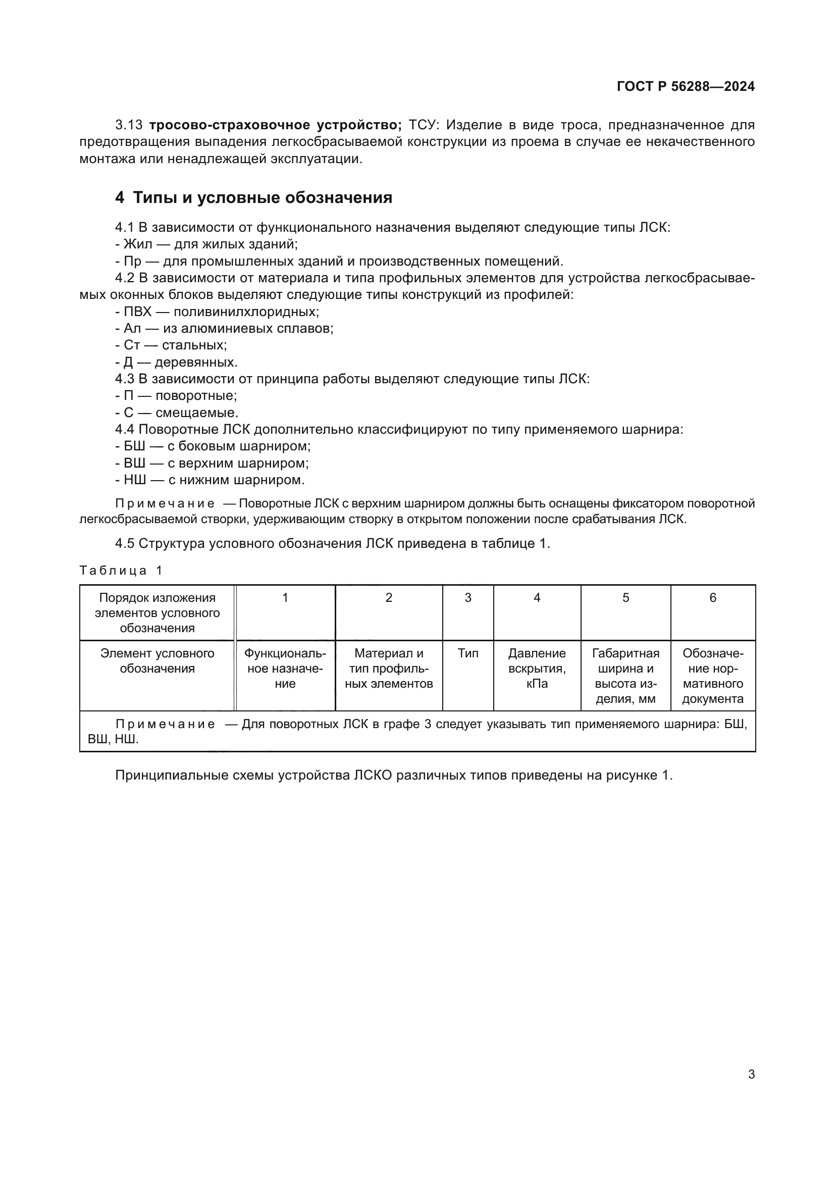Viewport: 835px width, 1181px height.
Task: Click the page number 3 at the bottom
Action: coord(751,1074)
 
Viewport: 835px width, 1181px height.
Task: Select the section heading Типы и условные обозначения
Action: coord(262,197)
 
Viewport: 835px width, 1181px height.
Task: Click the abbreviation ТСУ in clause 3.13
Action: coord(423,125)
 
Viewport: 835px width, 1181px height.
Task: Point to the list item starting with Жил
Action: coord(206,244)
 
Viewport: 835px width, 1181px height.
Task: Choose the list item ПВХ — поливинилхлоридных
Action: coord(217,312)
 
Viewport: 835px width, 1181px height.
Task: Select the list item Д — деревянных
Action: coord(176,362)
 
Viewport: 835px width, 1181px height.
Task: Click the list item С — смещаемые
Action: coord(177,413)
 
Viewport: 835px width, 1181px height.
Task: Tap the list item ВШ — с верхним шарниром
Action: coord(212,463)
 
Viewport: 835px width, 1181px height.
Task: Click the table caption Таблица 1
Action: coord(121,571)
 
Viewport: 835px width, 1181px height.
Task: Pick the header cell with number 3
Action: coord(467,598)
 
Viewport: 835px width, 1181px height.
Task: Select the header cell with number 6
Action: coord(713,598)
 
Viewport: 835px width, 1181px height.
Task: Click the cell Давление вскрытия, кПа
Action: coord(537,668)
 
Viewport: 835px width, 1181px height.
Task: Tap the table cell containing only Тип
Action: coord(467,653)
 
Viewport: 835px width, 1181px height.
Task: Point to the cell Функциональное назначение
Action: coord(285,668)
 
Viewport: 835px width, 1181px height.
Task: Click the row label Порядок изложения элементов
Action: coord(158,612)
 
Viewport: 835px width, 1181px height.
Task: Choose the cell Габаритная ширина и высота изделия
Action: coord(625,676)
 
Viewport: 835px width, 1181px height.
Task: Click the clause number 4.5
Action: coord(124,544)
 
